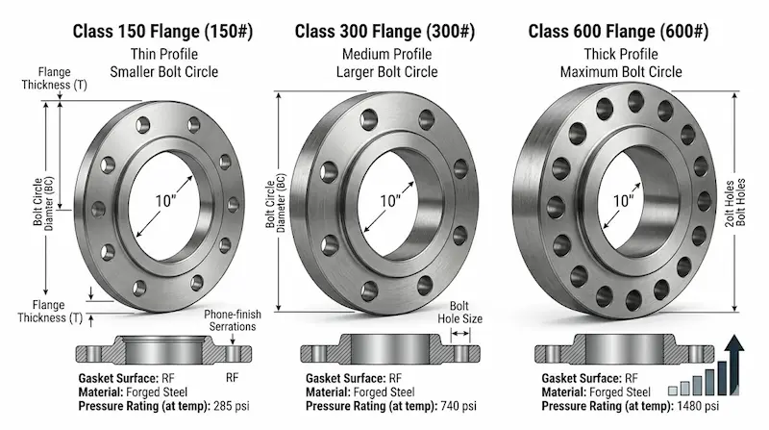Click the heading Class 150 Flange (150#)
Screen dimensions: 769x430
[162, 32]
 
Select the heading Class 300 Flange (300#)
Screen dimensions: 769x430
[385, 32]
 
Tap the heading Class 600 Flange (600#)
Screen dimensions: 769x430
[618, 32]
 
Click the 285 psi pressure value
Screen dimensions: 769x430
[231, 406]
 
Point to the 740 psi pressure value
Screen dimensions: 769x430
[459, 406]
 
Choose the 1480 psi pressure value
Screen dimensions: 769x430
[698, 406]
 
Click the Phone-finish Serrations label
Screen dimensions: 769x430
[233, 320]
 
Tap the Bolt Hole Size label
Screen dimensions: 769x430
[459, 313]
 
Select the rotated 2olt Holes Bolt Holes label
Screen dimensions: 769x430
[735, 202]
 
